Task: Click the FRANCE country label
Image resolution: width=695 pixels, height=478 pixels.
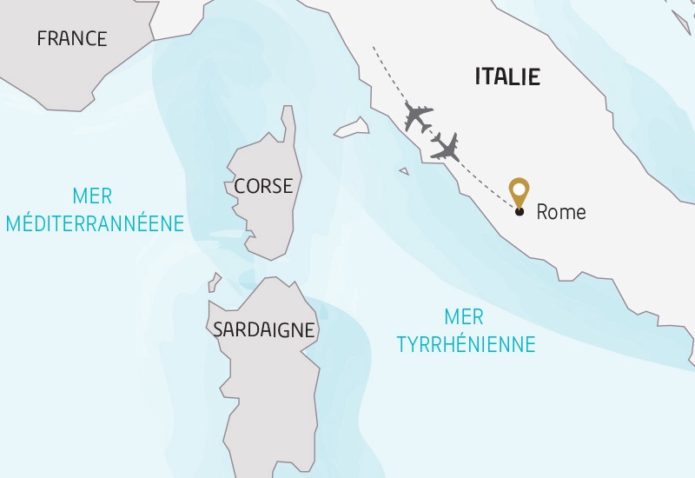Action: pyautogui.click(x=72, y=38)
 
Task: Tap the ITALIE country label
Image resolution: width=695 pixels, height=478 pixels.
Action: pyautogui.click(x=507, y=76)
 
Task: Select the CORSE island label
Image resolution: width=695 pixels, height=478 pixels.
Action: pyautogui.click(x=263, y=186)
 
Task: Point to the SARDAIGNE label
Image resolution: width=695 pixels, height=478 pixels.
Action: pyautogui.click(x=263, y=330)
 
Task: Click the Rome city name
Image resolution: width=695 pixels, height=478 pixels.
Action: pyautogui.click(x=561, y=211)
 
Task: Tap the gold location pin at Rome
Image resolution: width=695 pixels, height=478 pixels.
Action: pyautogui.click(x=519, y=190)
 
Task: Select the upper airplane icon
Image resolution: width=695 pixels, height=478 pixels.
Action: pyautogui.click(x=419, y=116)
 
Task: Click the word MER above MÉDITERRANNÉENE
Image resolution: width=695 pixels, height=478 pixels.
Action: pyautogui.click(x=93, y=197)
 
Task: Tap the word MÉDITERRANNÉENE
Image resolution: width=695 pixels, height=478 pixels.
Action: pyautogui.click(x=95, y=223)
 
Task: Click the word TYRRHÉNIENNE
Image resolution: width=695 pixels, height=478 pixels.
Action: pyautogui.click(x=466, y=344)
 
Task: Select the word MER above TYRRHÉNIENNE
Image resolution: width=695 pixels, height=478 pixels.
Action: pyautogui.click(x=463, y=316)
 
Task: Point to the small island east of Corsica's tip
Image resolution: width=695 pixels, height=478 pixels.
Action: pyautogui.click(x=351, y=128)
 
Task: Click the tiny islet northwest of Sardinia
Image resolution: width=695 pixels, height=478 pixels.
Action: pyautogui.click(x=214, y=282)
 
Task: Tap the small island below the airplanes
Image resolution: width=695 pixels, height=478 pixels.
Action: pyautogui.click(x=404, y=171)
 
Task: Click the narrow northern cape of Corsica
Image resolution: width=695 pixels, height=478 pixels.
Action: pyautogui.click(x=288, y=122)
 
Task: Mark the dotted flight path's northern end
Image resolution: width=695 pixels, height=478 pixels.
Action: pyautogui.click(x=374, y=47)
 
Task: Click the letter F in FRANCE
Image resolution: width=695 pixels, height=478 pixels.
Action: pyautogui.click(x=42, y=38)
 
